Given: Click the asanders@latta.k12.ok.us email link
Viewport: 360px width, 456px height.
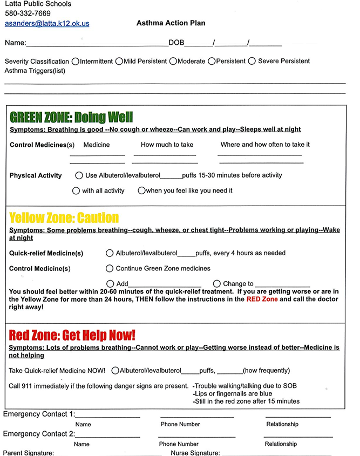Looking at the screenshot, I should click(47, 24).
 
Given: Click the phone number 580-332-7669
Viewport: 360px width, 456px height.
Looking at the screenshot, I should click(28, 13).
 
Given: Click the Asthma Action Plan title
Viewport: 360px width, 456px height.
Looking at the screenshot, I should click(171, 23).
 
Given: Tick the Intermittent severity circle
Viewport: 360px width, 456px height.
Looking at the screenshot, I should click(75, 61).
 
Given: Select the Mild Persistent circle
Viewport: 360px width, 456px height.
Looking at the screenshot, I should click(119, 61).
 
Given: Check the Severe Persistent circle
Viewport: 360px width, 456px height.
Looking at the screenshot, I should click(252, 61).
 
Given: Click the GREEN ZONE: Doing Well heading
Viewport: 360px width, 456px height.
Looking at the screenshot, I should click(71, 117).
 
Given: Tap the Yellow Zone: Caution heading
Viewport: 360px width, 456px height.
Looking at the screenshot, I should click(64, 217).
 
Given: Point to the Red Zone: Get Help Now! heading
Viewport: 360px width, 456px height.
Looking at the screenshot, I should click(72, 335).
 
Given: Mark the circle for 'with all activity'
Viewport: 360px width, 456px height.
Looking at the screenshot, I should click(76, 190).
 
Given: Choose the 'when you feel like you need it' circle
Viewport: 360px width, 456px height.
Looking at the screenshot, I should click(141, 190).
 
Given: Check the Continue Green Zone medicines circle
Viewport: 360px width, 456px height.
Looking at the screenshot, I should click(111, 268).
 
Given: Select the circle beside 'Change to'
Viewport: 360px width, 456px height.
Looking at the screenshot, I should click(217, 283).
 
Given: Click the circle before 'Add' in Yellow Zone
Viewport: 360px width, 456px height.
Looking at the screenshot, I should click(111, 283).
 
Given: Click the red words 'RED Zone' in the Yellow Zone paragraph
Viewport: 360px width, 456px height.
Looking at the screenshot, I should click(262, 299).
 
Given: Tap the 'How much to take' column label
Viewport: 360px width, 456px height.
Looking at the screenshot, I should click(167, 145).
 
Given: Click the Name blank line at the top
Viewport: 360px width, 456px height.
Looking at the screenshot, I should click(97, 43).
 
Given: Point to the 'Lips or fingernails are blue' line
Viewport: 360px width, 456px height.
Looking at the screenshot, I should click(233, 393).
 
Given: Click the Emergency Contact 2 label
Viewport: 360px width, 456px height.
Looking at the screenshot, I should click(39, 434).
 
